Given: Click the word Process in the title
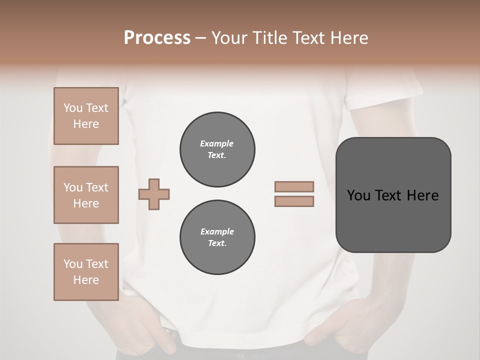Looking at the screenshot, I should coord(157,38).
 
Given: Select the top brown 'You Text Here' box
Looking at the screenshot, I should coord(86,116).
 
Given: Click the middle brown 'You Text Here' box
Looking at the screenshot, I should coord(86,195).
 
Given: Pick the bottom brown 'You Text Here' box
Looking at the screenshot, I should coord(86,272).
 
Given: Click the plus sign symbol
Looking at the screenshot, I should coord(154,194).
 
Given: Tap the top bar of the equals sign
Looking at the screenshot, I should coord(294,187).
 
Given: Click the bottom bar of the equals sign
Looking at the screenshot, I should coord(294,201).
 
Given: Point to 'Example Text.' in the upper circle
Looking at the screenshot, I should coord(217,149).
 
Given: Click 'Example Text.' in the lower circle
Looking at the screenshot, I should coord(217,237).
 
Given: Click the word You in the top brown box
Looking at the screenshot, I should coord(73,108).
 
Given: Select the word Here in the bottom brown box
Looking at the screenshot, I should coord(86,280).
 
